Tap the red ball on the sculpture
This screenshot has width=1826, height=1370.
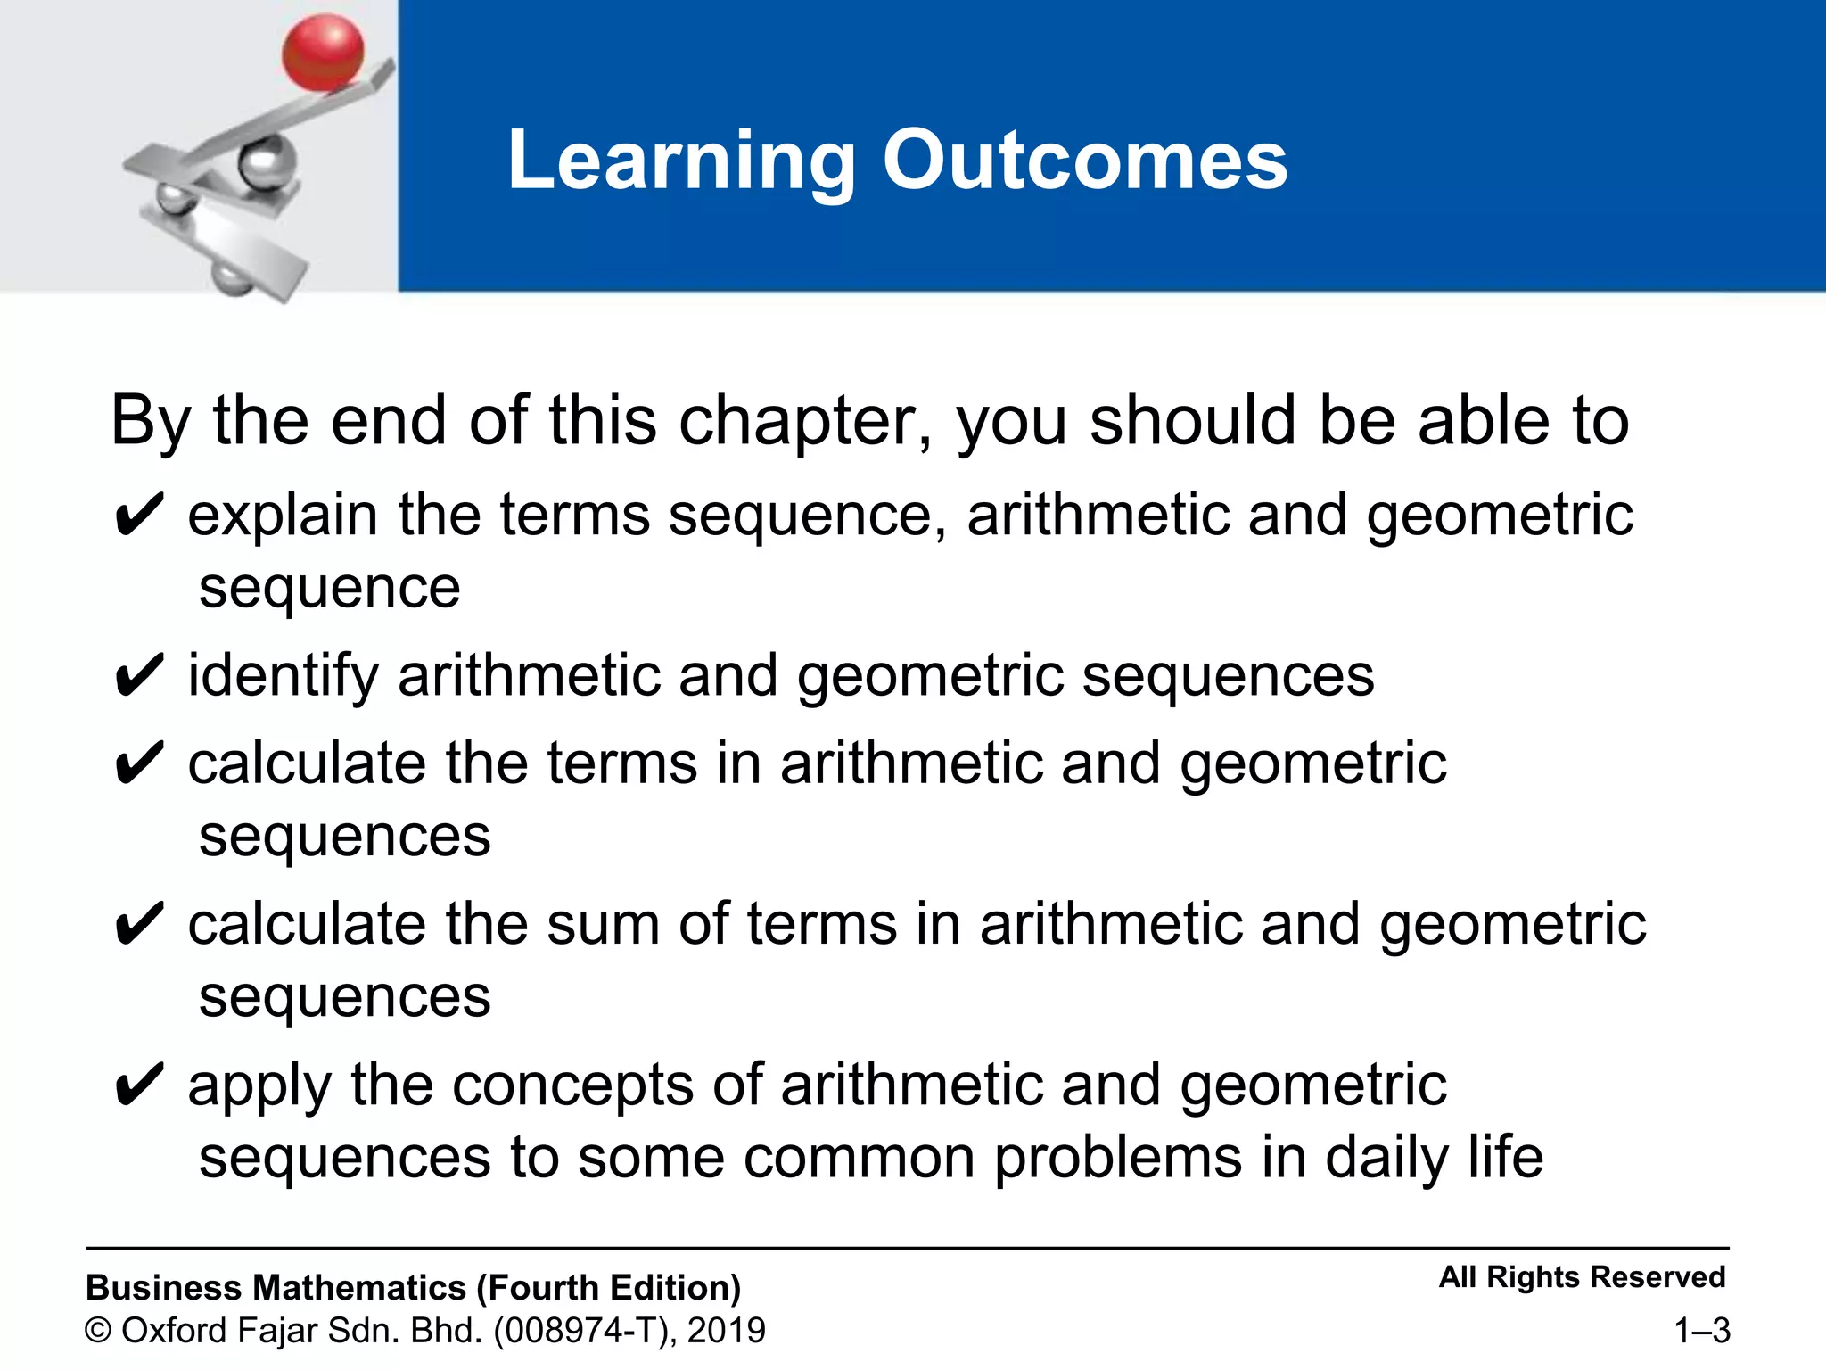click(x=323, y=54)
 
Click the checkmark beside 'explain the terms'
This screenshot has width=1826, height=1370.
click(x=139, y=516)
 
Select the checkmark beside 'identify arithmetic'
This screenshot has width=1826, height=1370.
click(x=139, y=677)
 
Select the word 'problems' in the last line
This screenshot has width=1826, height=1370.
click(x=1118, y=1158)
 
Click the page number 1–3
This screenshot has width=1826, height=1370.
click(x=1701, y=1331)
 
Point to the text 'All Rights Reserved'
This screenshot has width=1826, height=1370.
click(x=1582, y=1277)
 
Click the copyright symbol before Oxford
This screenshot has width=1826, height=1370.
click(x=98, y=1331)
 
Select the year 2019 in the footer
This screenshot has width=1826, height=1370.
click(x=727, y=1331)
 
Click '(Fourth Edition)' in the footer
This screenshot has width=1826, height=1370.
click(x=609, y=1288)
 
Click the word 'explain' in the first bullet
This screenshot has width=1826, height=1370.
click(x=283, y=516)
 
